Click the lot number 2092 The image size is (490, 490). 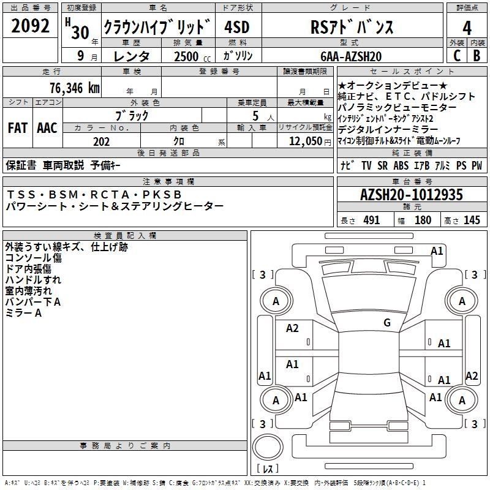click(31, 27)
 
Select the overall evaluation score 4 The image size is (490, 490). click(467, 28)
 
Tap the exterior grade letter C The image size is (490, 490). click(456, 56)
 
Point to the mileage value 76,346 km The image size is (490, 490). click(74, 88)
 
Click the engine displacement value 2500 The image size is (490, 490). click(186, 56)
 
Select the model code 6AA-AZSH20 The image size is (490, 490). click(351, 56)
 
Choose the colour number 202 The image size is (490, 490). click(101, 141)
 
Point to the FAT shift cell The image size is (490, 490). click(17, 128)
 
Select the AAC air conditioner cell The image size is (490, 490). click(47, 128)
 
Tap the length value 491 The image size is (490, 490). click(371, 221)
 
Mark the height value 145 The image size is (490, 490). click(472, 221)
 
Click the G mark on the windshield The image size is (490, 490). click(387, 323)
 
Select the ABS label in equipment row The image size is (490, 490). click(401, 165)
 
